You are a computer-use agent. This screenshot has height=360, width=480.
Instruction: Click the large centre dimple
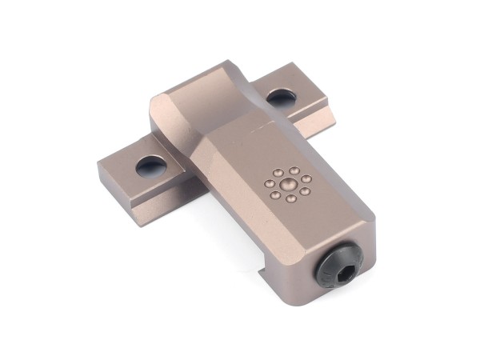coord(285,185)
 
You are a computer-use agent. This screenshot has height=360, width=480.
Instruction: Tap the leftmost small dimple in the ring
coord(270,185)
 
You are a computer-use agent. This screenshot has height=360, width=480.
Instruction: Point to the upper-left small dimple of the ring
coord(278,173)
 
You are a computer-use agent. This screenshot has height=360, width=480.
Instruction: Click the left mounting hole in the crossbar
coord(150,166)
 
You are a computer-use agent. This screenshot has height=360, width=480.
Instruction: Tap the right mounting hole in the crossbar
coord(281,98)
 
